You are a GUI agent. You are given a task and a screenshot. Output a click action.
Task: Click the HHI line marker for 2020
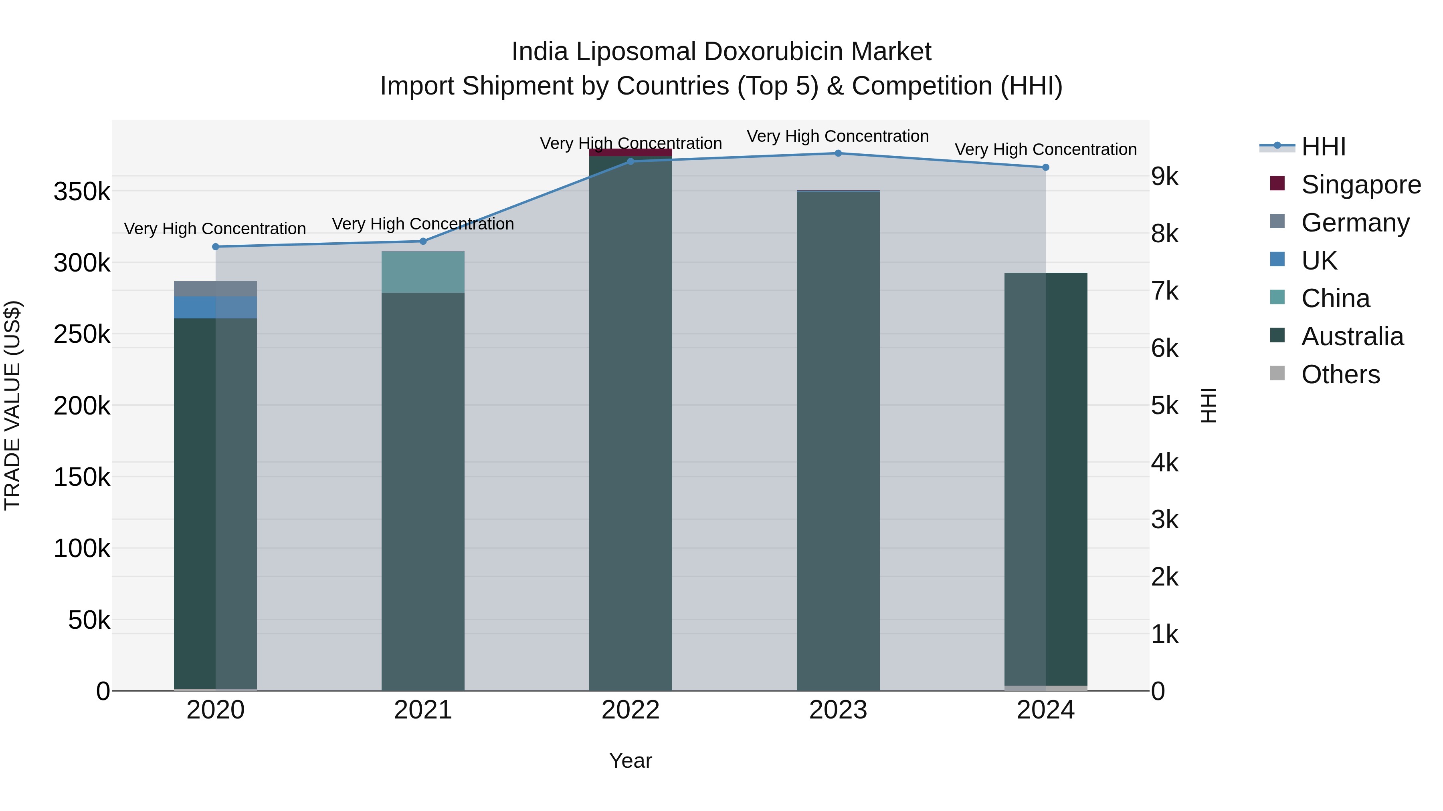(x=216, y=247)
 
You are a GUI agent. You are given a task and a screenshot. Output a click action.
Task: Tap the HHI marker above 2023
(x=838, y=153)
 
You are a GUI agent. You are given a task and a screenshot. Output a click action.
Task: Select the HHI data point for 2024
(x=1045, y=167)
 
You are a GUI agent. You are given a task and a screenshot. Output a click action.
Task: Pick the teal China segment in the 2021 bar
(x=423, y=272)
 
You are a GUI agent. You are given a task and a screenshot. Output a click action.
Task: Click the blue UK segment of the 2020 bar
(x=216, y=307)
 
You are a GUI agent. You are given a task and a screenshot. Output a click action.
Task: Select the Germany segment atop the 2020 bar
(x=216, y=289)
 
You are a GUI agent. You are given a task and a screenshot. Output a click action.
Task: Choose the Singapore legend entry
(x=1361, y=185)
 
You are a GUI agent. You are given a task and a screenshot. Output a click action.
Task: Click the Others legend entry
(x=1340, y=374)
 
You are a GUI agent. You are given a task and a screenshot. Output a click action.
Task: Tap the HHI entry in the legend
(x=1323, y=147)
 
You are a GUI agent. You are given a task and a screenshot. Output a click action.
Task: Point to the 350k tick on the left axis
(x=82, y=192)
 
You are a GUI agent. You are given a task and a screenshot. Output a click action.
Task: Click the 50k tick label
(x=89, y=620)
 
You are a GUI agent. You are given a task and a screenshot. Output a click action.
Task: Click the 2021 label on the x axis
(x=423, y=710)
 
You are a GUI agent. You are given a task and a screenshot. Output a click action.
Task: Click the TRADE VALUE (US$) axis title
(x=12, y=405)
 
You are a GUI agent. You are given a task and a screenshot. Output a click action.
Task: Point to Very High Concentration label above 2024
(x=1045, y=149)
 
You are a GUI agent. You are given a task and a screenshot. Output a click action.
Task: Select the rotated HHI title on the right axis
(x=1208, y=405)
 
